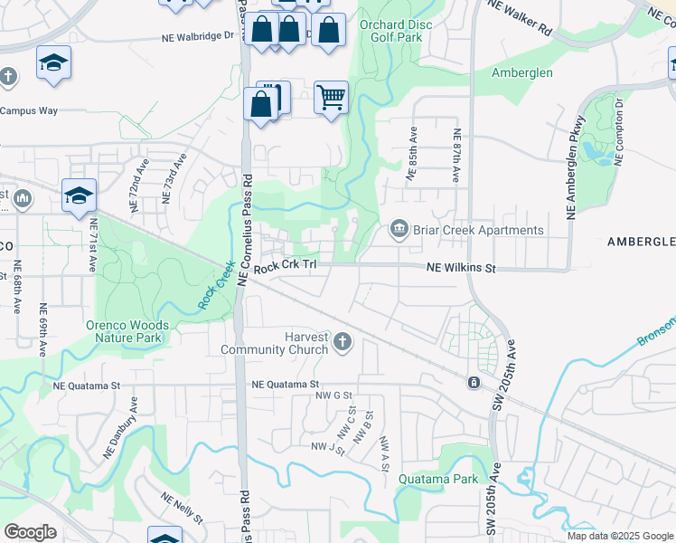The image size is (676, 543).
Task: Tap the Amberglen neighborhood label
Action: point(524,72)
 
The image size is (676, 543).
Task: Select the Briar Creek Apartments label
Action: point(478,230)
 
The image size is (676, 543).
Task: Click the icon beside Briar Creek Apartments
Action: point(399,231)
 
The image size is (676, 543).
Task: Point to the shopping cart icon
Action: point(331,96)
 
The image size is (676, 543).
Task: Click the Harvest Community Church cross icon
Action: point(342,341)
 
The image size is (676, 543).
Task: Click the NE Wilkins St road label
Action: point(462,268)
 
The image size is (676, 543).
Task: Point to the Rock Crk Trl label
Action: point(286,266)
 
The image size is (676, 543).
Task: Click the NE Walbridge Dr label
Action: point(198,38)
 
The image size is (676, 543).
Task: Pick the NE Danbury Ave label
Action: point(121,438)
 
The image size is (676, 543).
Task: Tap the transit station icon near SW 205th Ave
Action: point(473,384)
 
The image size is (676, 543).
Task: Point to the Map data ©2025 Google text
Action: point(620,536)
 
